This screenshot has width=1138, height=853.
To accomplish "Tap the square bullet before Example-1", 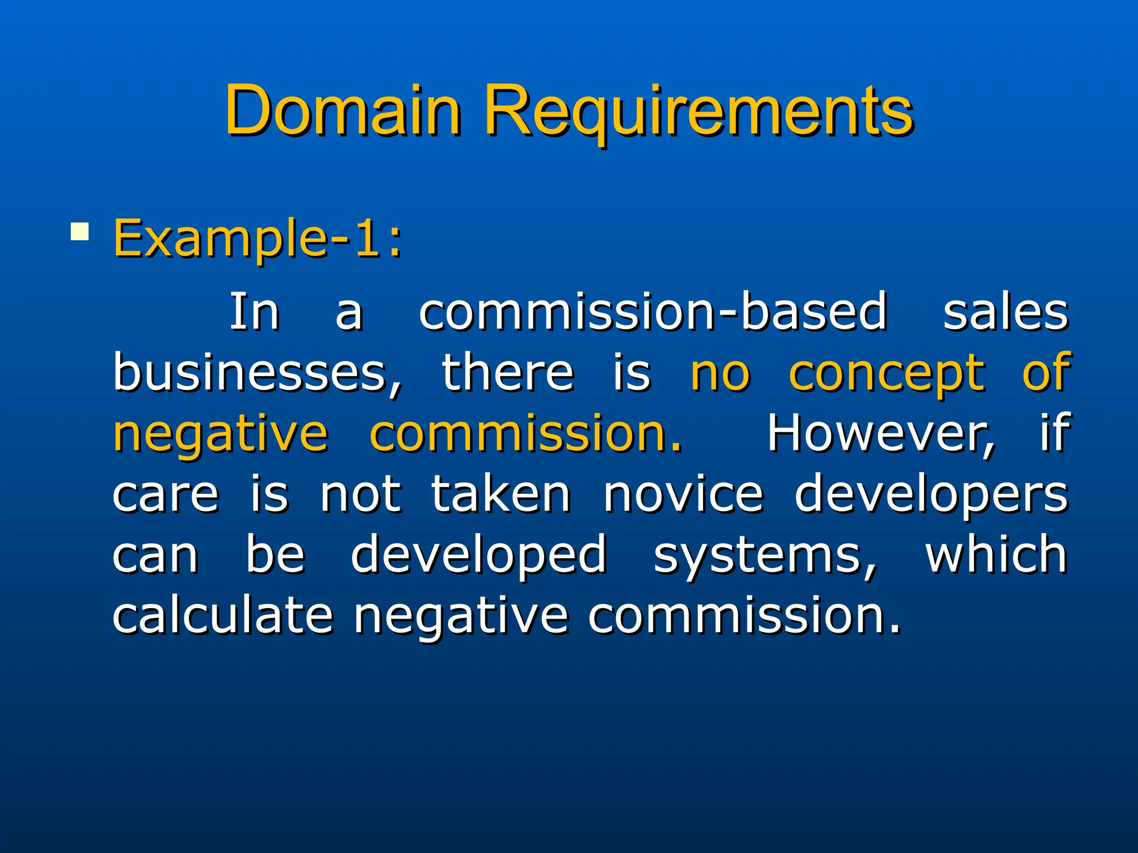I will click(x=80, y=231).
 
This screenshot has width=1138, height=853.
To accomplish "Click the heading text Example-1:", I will click(x=258, y=239).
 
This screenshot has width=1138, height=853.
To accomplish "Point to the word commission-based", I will click(x=652, y=312).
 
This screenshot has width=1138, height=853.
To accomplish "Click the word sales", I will click(x=1006, y=312).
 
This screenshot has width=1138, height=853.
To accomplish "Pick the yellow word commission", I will click(x=525, y=433).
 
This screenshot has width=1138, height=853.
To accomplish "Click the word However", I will click(x=881, y=433).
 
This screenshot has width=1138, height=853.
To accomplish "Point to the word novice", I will click(x=683, y=494).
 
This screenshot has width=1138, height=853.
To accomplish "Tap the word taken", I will click(x=501, y=493).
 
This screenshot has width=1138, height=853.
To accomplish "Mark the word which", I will click(x=996, y=554).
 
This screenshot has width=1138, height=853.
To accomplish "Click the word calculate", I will click(x=223, y=615).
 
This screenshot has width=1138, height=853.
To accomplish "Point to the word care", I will click(x=166, y=494).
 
